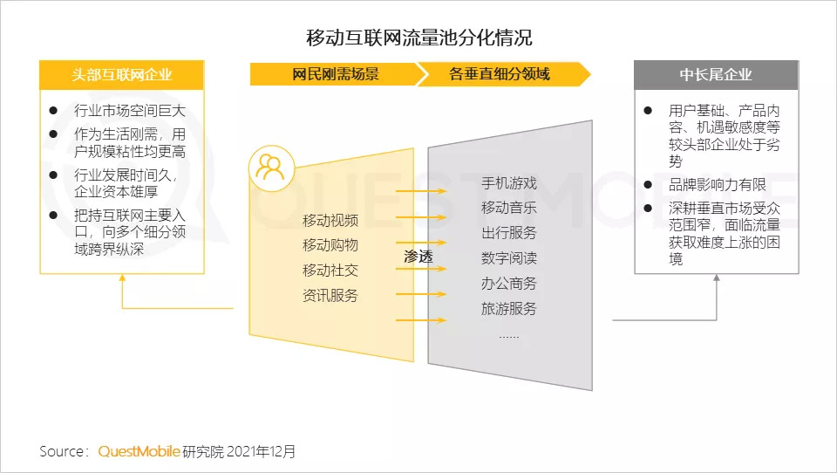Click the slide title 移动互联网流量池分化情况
(418, 38)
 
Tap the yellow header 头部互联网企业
(122, 75)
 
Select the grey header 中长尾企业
(716, 75)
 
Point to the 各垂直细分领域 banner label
(500, 74)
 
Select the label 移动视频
(330, 219)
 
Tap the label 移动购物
(330, 244)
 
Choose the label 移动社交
(330, 270)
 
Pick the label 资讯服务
(330, 295)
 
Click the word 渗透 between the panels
(418, 257)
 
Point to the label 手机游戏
(509, 183)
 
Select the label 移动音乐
(509, 208)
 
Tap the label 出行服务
(509, 233)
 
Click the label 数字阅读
(509, 258)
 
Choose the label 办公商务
(509, 284)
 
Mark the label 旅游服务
(509, 308)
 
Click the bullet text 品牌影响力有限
(717, 184)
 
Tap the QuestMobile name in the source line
(139, 451)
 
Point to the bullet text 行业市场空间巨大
(130, 112)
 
